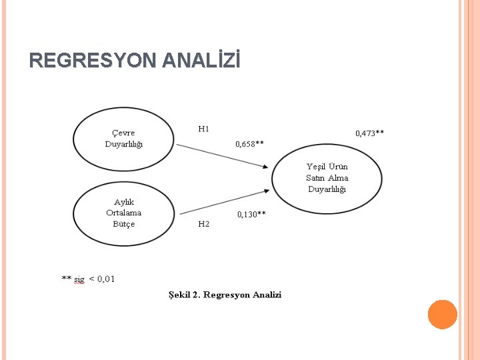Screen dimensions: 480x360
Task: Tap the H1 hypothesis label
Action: [x=204, y=128]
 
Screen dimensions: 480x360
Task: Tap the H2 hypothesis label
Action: [x=204, y=224]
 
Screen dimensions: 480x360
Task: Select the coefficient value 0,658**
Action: [x=250, y=143]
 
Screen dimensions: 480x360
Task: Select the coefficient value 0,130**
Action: [x=251, y=214]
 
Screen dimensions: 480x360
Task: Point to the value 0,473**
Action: [x=369, y=133]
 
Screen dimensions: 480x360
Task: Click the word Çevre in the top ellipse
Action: [x=123, y=133]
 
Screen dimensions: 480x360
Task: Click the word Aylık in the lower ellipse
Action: [x=124, y=202]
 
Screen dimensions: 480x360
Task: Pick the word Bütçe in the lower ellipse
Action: [x=124, y=224]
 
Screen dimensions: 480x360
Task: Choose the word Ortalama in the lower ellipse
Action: [x=124, y=213]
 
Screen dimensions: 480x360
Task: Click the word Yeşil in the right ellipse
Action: [x=317, y=166]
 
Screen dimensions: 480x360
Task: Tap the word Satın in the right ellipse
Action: [x=315, y=177]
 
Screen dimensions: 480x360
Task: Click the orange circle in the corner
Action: [x=442, y=314]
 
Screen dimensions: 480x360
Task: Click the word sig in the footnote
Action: [x=79, y=279]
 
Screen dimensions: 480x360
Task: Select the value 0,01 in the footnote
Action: [x=106, y=279]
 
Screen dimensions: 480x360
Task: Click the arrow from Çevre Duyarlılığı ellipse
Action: [x=223, y=155]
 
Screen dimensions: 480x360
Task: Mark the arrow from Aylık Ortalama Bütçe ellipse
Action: [x=223, y=202]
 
